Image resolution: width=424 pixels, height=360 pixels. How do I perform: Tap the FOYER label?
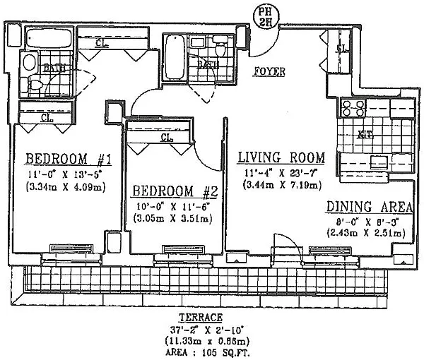[269, 71]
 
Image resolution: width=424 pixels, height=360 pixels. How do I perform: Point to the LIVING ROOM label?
[281, 157]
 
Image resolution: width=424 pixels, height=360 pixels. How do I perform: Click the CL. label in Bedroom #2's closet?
[168, 138]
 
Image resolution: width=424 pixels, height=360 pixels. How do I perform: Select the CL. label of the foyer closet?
[341, 49]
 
